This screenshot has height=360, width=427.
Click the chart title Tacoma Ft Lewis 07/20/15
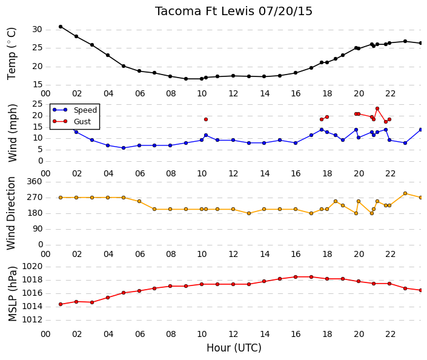234,12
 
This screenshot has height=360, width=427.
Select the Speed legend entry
74,110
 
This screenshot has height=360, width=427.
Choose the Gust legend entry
71,122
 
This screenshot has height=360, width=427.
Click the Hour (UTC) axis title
234,348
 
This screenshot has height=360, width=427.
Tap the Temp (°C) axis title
12,53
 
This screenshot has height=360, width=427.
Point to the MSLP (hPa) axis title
13,294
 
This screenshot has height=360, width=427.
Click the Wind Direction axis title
11,213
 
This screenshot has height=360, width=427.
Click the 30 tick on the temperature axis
38,30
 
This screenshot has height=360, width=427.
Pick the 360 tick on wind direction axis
35,181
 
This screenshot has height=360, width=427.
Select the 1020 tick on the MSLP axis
32,266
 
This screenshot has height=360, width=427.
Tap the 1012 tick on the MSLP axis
32,319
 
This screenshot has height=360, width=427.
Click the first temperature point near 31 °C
61,27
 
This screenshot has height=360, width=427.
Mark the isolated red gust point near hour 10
206,119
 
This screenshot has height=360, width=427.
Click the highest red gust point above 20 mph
377,108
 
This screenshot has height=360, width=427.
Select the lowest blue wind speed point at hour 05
124,148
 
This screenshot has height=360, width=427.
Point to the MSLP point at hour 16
296,277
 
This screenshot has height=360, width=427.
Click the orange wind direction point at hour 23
405,193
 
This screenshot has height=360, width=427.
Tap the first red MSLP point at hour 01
61,304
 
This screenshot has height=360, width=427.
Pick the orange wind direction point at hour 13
249,213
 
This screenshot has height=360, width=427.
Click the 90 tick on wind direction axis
38,229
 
